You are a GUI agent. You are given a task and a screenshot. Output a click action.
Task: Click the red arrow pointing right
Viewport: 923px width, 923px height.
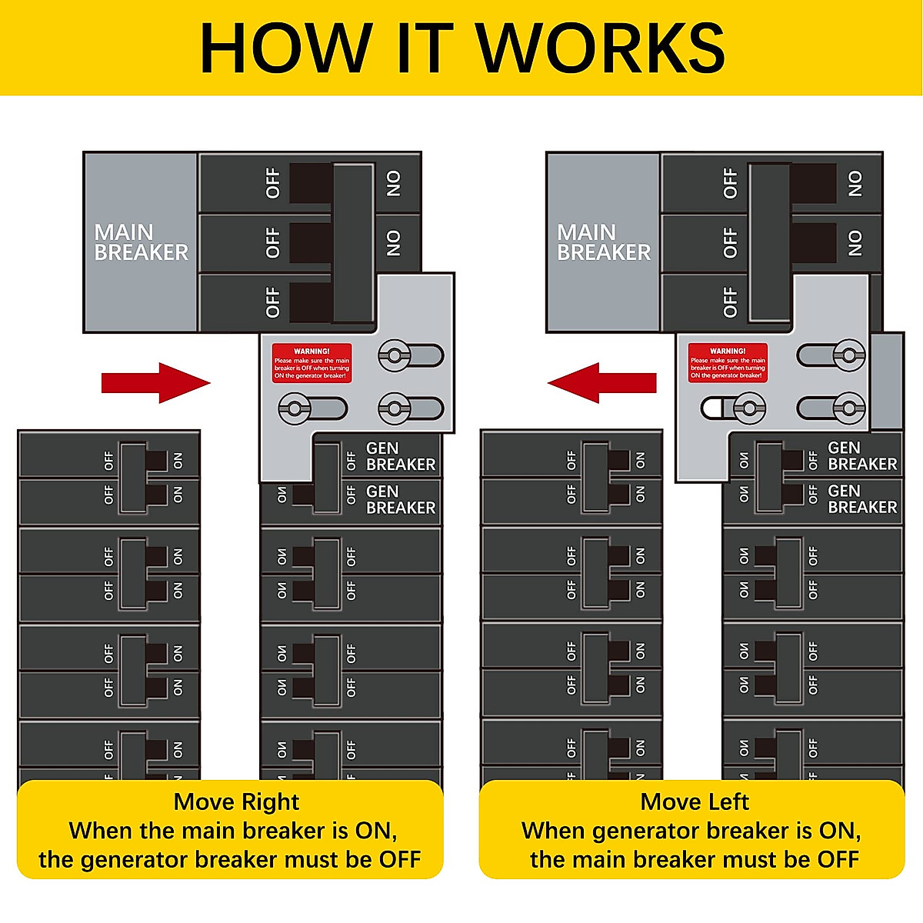155,382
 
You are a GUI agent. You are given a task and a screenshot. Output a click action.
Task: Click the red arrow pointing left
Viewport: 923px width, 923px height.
601,382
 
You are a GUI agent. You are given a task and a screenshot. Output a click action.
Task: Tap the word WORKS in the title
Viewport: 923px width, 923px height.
601,48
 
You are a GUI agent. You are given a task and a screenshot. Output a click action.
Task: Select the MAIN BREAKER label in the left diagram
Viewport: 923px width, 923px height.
141,242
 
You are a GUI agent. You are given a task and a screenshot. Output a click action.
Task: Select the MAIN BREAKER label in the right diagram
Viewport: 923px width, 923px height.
603,242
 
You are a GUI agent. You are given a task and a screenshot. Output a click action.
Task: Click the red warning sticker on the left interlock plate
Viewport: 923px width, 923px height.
312,362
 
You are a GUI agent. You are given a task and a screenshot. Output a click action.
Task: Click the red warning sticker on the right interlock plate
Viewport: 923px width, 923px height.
728,362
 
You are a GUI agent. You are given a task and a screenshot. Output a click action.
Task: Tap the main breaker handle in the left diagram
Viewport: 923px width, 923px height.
353,242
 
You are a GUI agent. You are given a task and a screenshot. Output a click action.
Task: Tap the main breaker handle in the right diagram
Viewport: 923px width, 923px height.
770,242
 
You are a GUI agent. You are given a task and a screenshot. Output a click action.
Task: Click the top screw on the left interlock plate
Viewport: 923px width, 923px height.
395,356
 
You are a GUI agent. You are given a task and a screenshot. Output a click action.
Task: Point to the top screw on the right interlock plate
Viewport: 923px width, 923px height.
849,355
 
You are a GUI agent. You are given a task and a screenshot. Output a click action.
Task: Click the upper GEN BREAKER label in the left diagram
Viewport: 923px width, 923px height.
400,456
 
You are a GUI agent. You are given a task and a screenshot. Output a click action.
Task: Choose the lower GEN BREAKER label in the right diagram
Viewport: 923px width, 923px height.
862,499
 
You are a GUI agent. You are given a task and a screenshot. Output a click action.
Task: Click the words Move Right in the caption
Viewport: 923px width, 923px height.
236,802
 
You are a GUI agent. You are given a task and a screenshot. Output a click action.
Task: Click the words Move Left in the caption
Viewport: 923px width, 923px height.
695,802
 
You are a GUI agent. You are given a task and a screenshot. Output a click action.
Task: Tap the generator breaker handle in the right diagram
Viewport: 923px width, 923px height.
769,478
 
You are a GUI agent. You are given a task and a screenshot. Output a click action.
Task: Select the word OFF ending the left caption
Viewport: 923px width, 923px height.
399,859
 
